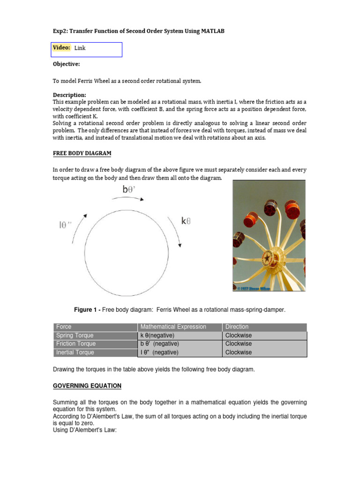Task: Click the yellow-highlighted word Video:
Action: coord(61,48)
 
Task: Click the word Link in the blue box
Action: coord(80,48)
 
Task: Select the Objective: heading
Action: coord(66,64)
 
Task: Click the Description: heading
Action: coord(69,95)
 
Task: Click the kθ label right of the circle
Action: coord(186,221)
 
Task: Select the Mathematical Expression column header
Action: coord(173,327)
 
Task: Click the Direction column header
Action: coord(237,327)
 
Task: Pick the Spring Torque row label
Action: coord(75,336)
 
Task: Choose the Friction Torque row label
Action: coord(75,344)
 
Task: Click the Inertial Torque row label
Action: coord(75,352)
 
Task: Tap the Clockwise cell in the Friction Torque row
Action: coord(239,344)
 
